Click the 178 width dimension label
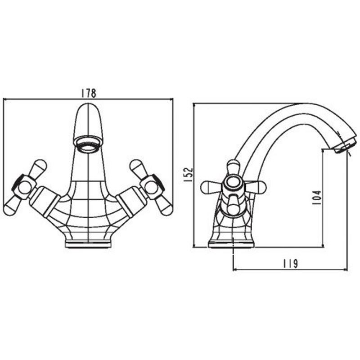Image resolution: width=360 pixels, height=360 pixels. (x=88, y=93)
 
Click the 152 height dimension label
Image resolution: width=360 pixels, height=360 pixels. (x=189, y=175)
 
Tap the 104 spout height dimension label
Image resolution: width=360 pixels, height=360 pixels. (x=317, y=198)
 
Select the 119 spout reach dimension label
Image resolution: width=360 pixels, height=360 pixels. (x=290, y=264)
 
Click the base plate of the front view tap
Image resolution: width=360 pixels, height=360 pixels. (x=88, y=244)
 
